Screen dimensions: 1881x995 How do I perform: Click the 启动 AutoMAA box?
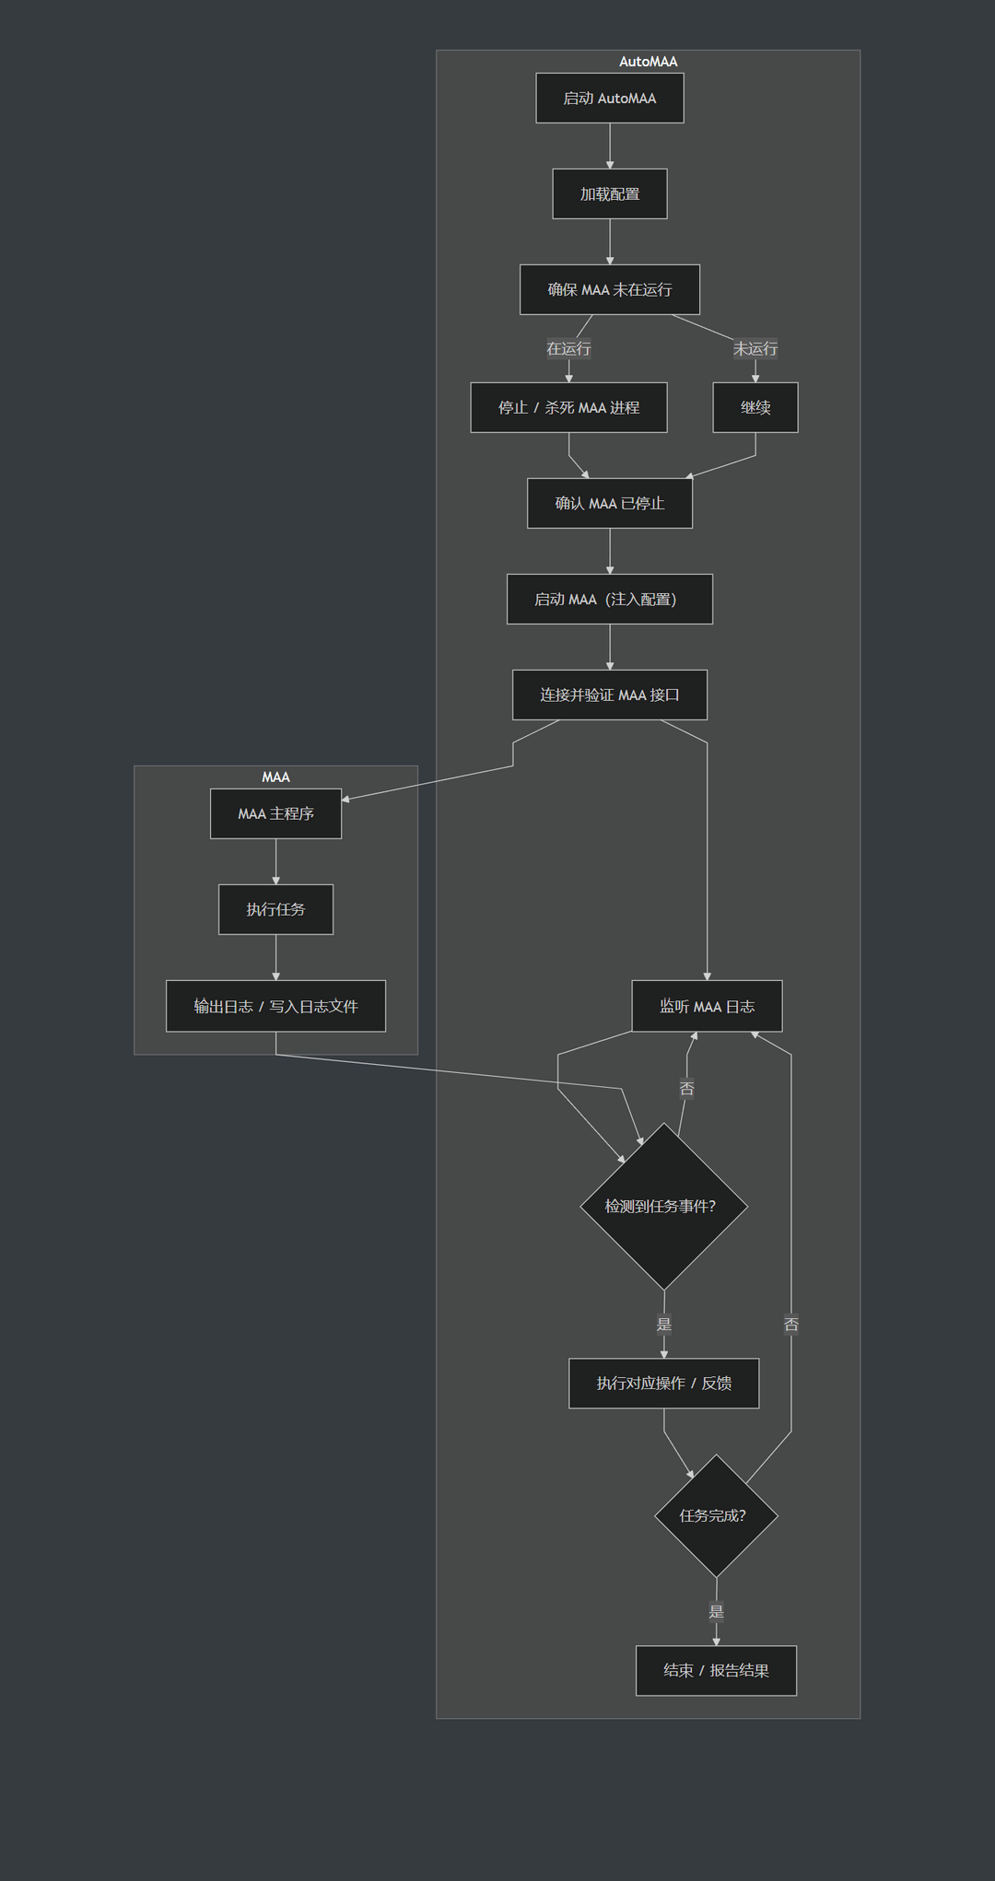click(609, 98)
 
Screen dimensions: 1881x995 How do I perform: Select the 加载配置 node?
click(609, 193)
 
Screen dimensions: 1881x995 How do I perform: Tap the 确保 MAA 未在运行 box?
click(609, 289)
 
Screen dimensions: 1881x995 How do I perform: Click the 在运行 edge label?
click(568, 348)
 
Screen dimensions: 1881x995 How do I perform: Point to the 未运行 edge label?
click(755, 348)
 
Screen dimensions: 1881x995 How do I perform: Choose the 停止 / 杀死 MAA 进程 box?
click(568, 407)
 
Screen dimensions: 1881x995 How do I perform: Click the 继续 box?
click(755, 407)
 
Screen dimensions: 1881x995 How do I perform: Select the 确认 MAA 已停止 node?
click(609, 503)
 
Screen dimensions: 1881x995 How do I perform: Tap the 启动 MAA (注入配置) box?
click(609, 599)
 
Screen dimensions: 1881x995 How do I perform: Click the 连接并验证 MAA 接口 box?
click(609, 695)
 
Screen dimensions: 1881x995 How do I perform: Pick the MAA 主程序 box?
click(275, 813)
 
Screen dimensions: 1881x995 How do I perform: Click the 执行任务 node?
click(275, 909)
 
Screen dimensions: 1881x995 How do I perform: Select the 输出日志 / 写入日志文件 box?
click(275, 1006)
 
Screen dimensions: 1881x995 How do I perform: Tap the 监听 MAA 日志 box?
click(707, 1006)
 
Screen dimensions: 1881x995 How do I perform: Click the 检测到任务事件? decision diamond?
click(663, 1206)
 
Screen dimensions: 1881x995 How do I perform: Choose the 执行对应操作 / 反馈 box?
click(663, 1383)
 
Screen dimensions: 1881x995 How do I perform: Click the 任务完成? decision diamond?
click(716, 1515)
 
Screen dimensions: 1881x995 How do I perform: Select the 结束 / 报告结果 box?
click(716, 1670)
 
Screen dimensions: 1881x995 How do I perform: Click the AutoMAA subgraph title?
click(648, 62)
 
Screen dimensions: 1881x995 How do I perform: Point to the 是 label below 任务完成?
click(716, 1611)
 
